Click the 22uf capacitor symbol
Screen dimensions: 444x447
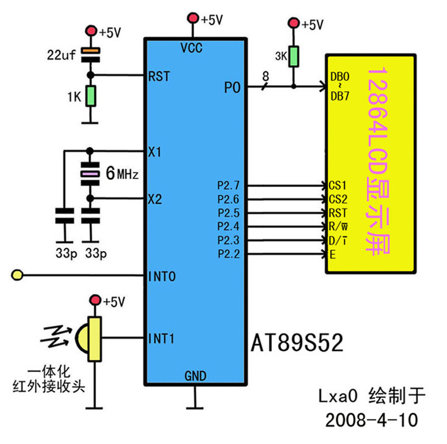pos(91,54)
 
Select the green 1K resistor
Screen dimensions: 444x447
pos(91,96)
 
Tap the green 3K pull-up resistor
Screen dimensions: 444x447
pos(294,57)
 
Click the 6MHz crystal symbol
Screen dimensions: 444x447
pos(91,175)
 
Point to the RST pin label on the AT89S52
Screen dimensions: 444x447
pos(159,76)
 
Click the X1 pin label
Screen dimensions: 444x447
pos(154,150)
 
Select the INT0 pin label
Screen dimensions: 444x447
pos(162,277)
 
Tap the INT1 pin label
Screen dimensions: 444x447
pos(162,337)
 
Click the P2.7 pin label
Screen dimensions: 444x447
pos(229,185)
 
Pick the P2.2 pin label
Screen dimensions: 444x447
pos(229,253)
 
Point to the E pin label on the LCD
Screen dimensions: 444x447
pos(332,255)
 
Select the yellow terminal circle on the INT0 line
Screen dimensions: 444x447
pos(18,277)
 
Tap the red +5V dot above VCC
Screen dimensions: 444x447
pos(193,18)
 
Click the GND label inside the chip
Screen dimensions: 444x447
pos(195,375)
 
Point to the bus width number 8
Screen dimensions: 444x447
pos(265,77)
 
